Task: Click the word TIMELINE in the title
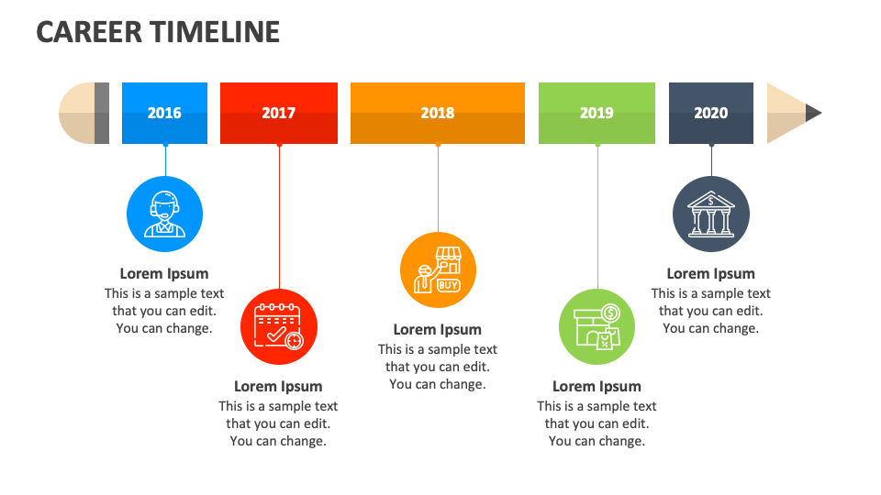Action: [217, 31]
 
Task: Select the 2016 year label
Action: [164, 113]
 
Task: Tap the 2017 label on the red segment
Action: [278, 113]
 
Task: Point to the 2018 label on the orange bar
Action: [438, 113]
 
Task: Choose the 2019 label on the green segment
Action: [597, 113]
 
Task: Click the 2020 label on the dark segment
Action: [711, 113]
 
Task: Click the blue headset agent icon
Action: [164, 214]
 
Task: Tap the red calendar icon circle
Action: [278, 327]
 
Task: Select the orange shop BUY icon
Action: [438, 270]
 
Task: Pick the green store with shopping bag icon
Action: [597, 326]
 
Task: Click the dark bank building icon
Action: [711, 214]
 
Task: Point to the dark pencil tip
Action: [813, 113]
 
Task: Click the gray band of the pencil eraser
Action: [102, 113]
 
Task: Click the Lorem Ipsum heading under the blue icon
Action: [164, 273]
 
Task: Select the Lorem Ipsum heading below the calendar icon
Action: [278, 386]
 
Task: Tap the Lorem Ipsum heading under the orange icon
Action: [438, 329]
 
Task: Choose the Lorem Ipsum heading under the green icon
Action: [597, 386]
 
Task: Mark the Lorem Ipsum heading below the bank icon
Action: [711, 273]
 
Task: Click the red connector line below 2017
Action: [279, 220]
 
